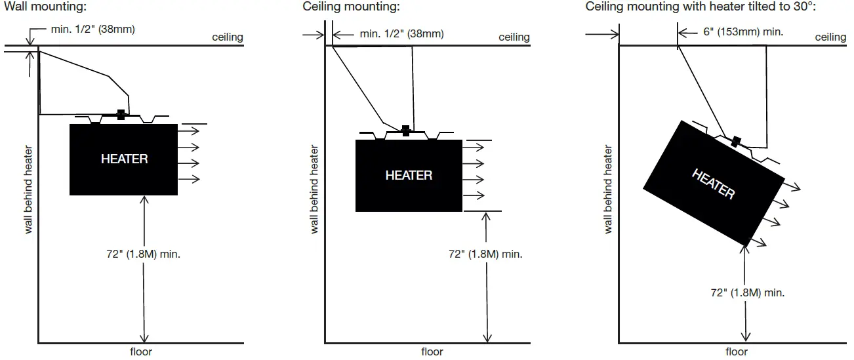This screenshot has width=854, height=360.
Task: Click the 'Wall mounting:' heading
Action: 45,7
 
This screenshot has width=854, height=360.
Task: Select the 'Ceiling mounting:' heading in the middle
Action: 351,7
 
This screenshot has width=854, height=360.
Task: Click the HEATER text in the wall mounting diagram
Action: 124,159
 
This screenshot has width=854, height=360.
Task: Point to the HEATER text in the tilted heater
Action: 713,184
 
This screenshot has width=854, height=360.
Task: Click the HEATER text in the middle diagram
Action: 409,175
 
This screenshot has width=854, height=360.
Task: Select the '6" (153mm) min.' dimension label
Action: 742,31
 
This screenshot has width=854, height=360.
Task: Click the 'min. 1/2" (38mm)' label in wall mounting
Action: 92,29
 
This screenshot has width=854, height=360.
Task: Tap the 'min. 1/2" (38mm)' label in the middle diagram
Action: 401,34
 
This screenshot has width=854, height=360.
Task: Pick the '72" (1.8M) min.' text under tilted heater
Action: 747,292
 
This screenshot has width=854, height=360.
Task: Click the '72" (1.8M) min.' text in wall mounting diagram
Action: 143,254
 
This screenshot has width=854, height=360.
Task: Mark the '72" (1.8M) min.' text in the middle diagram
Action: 485,254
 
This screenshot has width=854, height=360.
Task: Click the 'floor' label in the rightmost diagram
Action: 736,351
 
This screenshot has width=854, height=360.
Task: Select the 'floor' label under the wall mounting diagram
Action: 140,351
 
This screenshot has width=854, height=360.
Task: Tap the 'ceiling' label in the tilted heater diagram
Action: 830,37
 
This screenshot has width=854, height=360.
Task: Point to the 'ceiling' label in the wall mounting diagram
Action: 227,37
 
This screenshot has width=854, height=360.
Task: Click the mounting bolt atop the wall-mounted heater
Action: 120,115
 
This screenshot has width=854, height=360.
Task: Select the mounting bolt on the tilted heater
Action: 736,141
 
